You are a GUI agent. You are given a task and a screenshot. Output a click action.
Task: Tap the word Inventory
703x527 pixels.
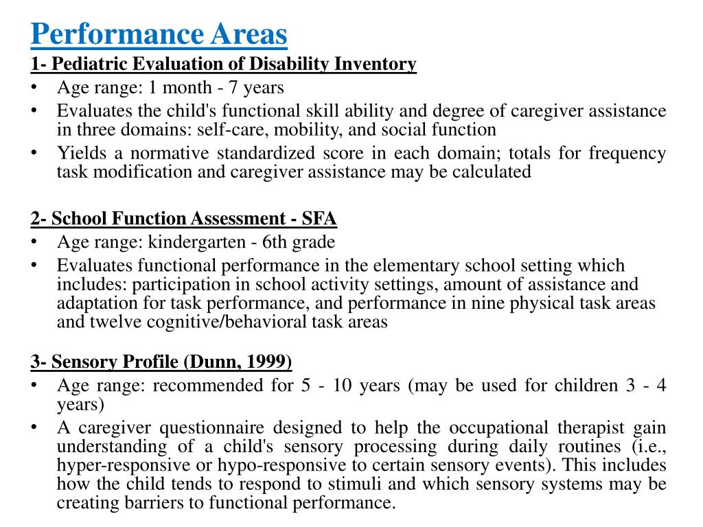click(x=375, y=65)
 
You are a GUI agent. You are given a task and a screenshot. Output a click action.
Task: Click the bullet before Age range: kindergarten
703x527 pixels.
click(x=34, y=242)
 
